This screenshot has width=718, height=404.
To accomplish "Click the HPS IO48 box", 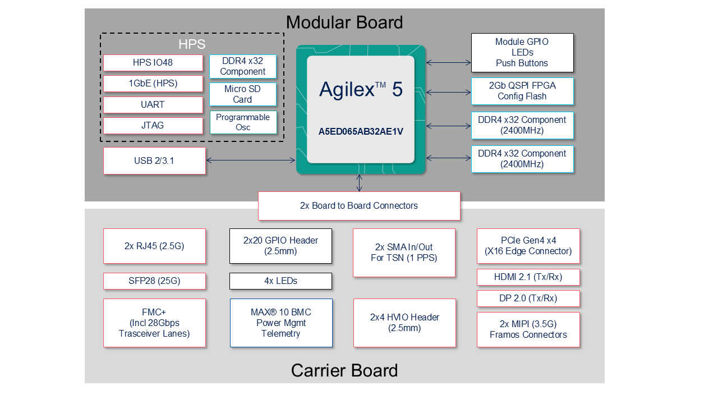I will point(153,63).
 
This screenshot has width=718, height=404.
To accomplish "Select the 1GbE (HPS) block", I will point(153,84).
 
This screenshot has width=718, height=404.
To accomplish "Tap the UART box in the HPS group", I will point(153,105).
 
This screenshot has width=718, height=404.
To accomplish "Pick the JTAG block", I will point(153,126).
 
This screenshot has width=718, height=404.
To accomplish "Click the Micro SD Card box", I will point(242,94).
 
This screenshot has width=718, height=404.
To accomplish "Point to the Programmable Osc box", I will point(242,122).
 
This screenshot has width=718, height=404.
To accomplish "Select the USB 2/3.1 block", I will point(154,161).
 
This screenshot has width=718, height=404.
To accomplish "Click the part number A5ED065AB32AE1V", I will point(361,131).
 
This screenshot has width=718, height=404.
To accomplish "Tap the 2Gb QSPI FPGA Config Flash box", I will point(522,91).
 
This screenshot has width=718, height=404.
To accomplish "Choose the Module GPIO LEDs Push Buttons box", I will point(522,53).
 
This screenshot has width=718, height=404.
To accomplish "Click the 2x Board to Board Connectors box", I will point(359,206).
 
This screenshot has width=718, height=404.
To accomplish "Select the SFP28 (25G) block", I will point(154,281).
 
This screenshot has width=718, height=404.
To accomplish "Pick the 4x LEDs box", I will point(280,281).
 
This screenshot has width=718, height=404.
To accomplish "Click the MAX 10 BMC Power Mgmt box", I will point(280,323).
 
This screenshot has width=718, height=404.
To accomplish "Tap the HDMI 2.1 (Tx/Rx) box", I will point(528,277).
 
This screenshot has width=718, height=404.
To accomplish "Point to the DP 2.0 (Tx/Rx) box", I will point(528,299).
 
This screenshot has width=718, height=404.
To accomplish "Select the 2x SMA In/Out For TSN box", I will point(404,252).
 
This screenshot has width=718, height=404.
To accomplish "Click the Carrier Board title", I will point(344,371).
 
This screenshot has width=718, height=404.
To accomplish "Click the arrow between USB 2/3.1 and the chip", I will point(251,161).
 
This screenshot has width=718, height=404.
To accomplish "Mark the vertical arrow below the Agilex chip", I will point(360,183).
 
